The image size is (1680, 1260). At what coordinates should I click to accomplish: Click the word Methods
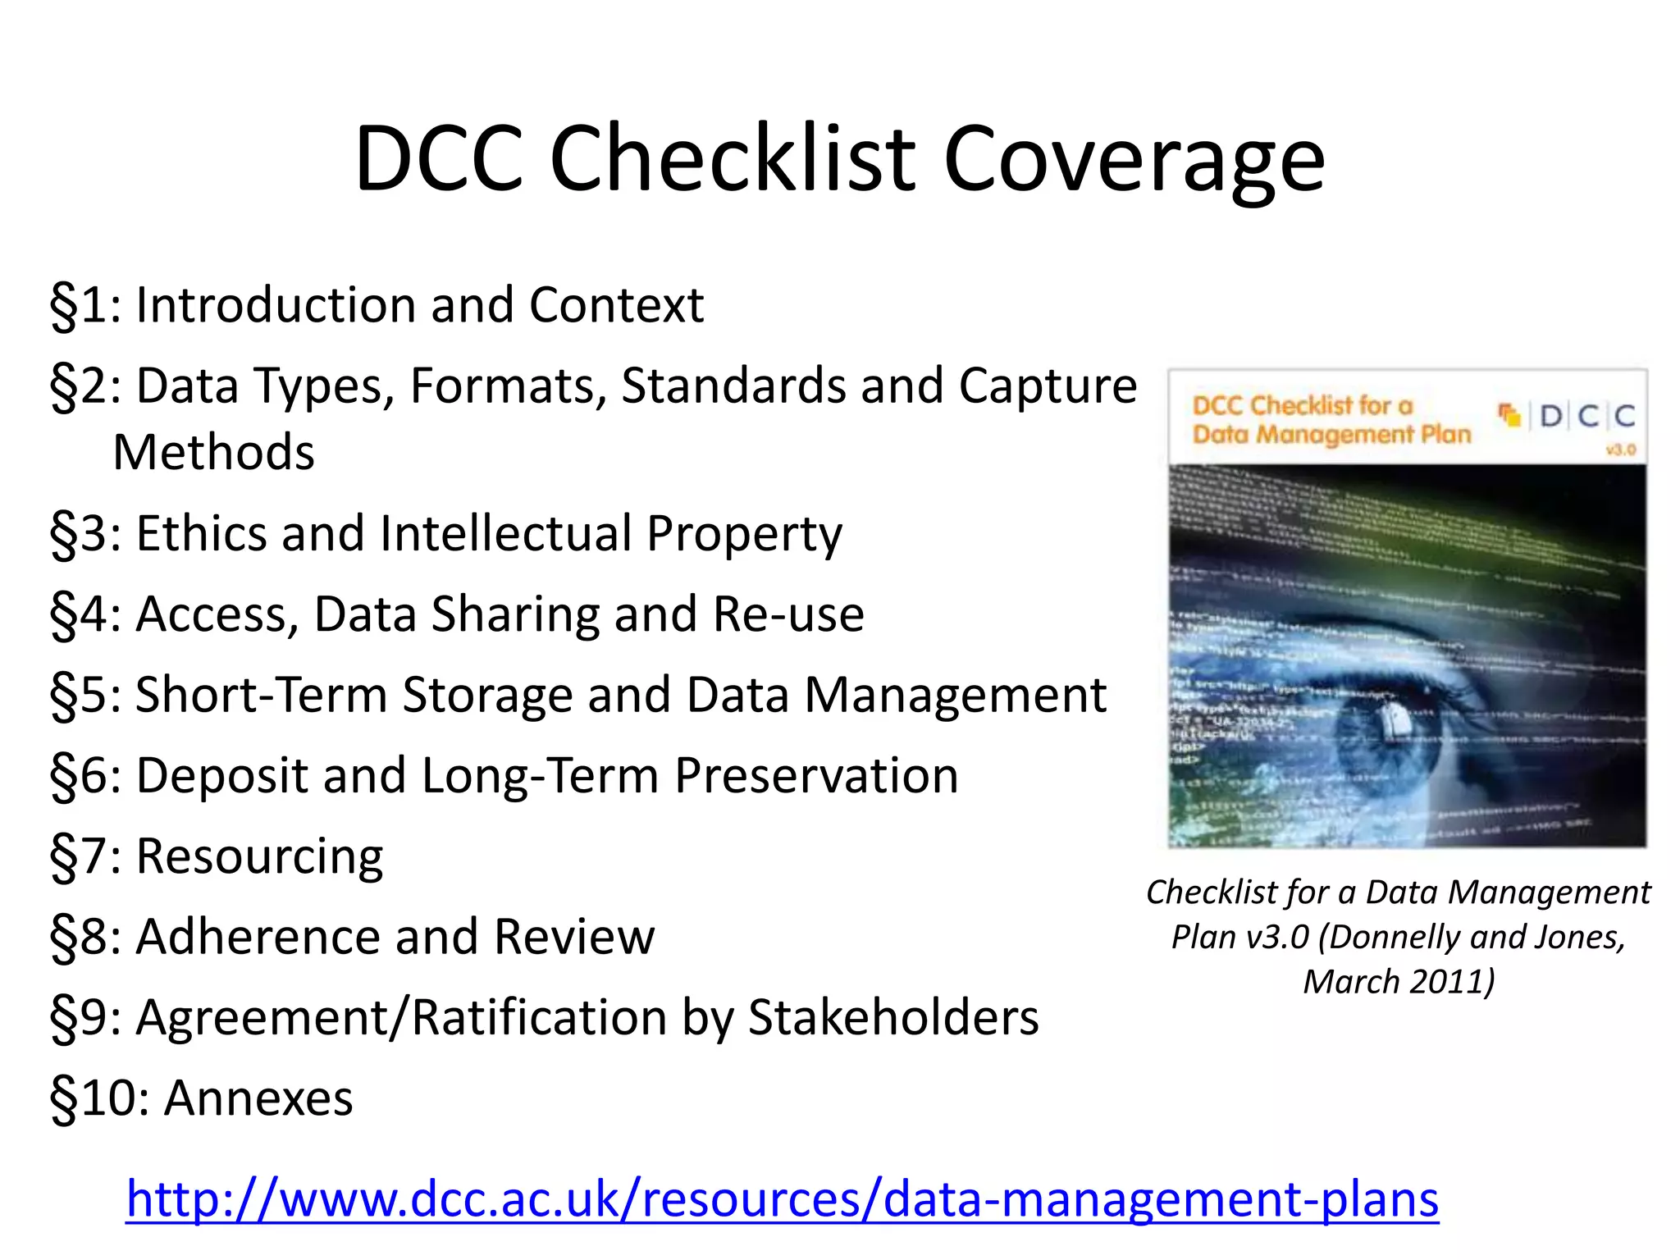pyautogui.click(x=213, y=452)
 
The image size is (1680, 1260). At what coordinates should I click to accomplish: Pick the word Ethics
pyautogui.click(x=201, y=533)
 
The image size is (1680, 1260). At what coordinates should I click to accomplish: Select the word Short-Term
pyautogui.click(x=261, y=695)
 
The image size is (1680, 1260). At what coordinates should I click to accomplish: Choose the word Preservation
pyautogui.click(x=816, y=775)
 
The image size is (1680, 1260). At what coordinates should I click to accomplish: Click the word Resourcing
pyautogui.click(x=259, y=857)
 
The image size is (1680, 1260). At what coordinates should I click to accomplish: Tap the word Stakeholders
pyautogui.click(x=893, y=1017)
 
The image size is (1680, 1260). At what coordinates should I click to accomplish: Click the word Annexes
pyautogui.click(x=258, y=1098)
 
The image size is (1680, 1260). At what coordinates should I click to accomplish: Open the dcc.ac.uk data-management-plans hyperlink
pyautogui.click(x=782, y=1198)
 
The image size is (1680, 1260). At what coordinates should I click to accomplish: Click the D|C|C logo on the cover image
pyautogui.click(x=1586, y=417)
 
